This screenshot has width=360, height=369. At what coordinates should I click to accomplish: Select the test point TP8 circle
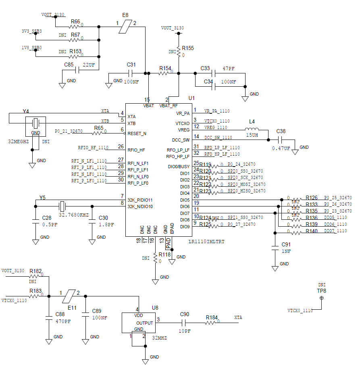click(x=321, y=298)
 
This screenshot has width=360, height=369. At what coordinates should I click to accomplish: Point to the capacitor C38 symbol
click(x=281, y=140)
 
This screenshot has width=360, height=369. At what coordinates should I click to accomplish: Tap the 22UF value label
click(x=89, y=65)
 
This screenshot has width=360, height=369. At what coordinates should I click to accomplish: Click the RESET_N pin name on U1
click(x=137, y=133)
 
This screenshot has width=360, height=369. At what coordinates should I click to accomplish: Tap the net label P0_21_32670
click(x=69, y=131)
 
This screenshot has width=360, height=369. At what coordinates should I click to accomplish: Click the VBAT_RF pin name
click(x=169, y=106)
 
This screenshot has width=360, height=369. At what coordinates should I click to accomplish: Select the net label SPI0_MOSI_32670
click(x=246, y=184)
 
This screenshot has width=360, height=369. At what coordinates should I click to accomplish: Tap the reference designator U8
click(x=155, y=308)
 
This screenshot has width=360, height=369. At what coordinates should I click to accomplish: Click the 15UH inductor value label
click(x=252, y=136)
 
